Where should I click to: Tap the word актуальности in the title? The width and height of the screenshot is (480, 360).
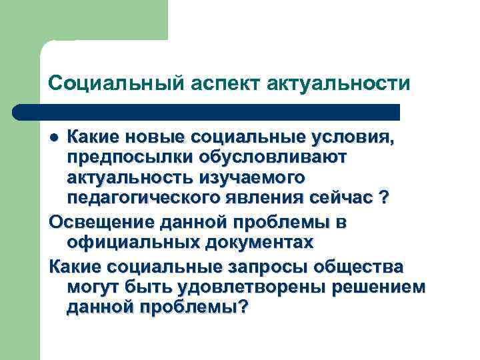338,83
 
